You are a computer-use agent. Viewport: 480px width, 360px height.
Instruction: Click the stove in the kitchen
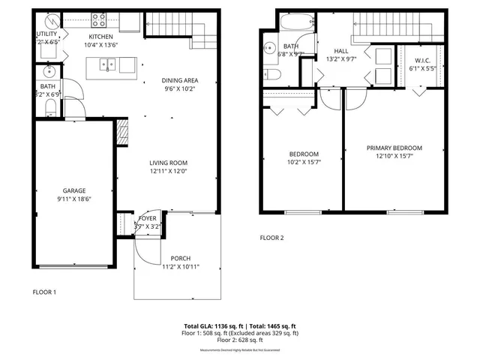tap(99, 21)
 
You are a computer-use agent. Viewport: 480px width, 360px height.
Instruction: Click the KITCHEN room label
tap(100, 36)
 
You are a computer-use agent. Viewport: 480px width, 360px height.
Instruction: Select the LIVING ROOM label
tap(167, 163)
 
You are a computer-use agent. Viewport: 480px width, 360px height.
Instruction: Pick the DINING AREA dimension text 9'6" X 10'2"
tap(179, 88)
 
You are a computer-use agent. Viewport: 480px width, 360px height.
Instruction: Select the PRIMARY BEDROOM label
tap(394, 148)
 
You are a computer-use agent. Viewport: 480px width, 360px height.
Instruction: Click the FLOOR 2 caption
tap(271, 238)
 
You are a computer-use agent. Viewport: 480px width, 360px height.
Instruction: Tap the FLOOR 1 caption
tap(44, 292)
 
